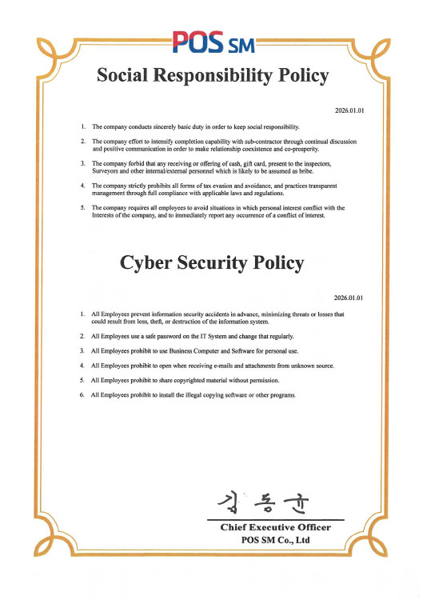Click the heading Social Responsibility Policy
[x=212, y=76]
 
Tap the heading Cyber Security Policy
[x=212, y=263]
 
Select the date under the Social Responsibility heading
[x=349, y=110]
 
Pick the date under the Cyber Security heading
[x=349, y=297]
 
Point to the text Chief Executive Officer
[x=281, y=527]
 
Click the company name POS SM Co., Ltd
[x=281, y=540]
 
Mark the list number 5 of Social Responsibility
[x=83, y=208]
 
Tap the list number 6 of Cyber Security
[x=83, y=395]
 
